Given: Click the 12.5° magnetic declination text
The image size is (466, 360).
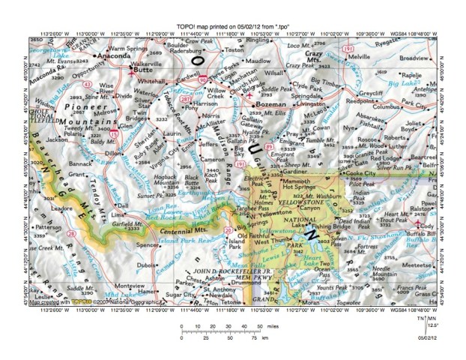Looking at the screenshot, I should (x=432, y=325).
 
